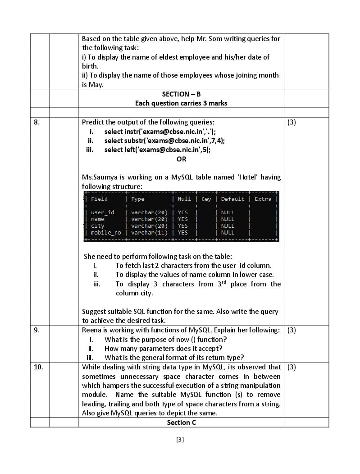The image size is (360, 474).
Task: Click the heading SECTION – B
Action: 181,94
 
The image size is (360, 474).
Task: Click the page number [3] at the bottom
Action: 180,440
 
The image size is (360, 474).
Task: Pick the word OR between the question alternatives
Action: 181,159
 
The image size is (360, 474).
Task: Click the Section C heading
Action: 181,423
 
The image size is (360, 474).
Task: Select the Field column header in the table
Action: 99,199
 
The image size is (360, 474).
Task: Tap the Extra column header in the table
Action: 263,199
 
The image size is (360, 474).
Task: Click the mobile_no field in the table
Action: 106,233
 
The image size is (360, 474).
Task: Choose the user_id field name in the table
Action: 103,212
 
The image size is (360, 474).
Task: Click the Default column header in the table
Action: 232,199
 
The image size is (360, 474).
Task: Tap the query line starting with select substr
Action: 164,141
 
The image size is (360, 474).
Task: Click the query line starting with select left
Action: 157,150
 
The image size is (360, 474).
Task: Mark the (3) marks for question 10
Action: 292,367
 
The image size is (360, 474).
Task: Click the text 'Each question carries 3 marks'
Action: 181,103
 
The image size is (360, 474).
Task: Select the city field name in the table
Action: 98,226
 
